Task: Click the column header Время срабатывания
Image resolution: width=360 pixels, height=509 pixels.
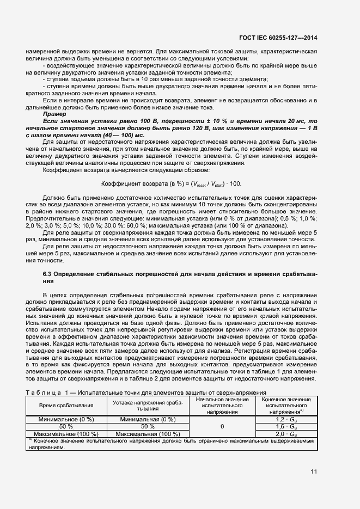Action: (66, 406)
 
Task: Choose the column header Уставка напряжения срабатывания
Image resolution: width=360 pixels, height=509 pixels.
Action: (147, 406)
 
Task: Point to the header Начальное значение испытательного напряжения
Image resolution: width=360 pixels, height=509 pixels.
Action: (222, 406)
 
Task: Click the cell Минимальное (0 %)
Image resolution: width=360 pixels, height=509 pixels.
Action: (66, 419)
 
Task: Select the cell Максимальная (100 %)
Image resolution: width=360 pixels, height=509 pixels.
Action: (147, 434)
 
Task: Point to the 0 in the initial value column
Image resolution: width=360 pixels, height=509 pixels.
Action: (222, 427)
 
